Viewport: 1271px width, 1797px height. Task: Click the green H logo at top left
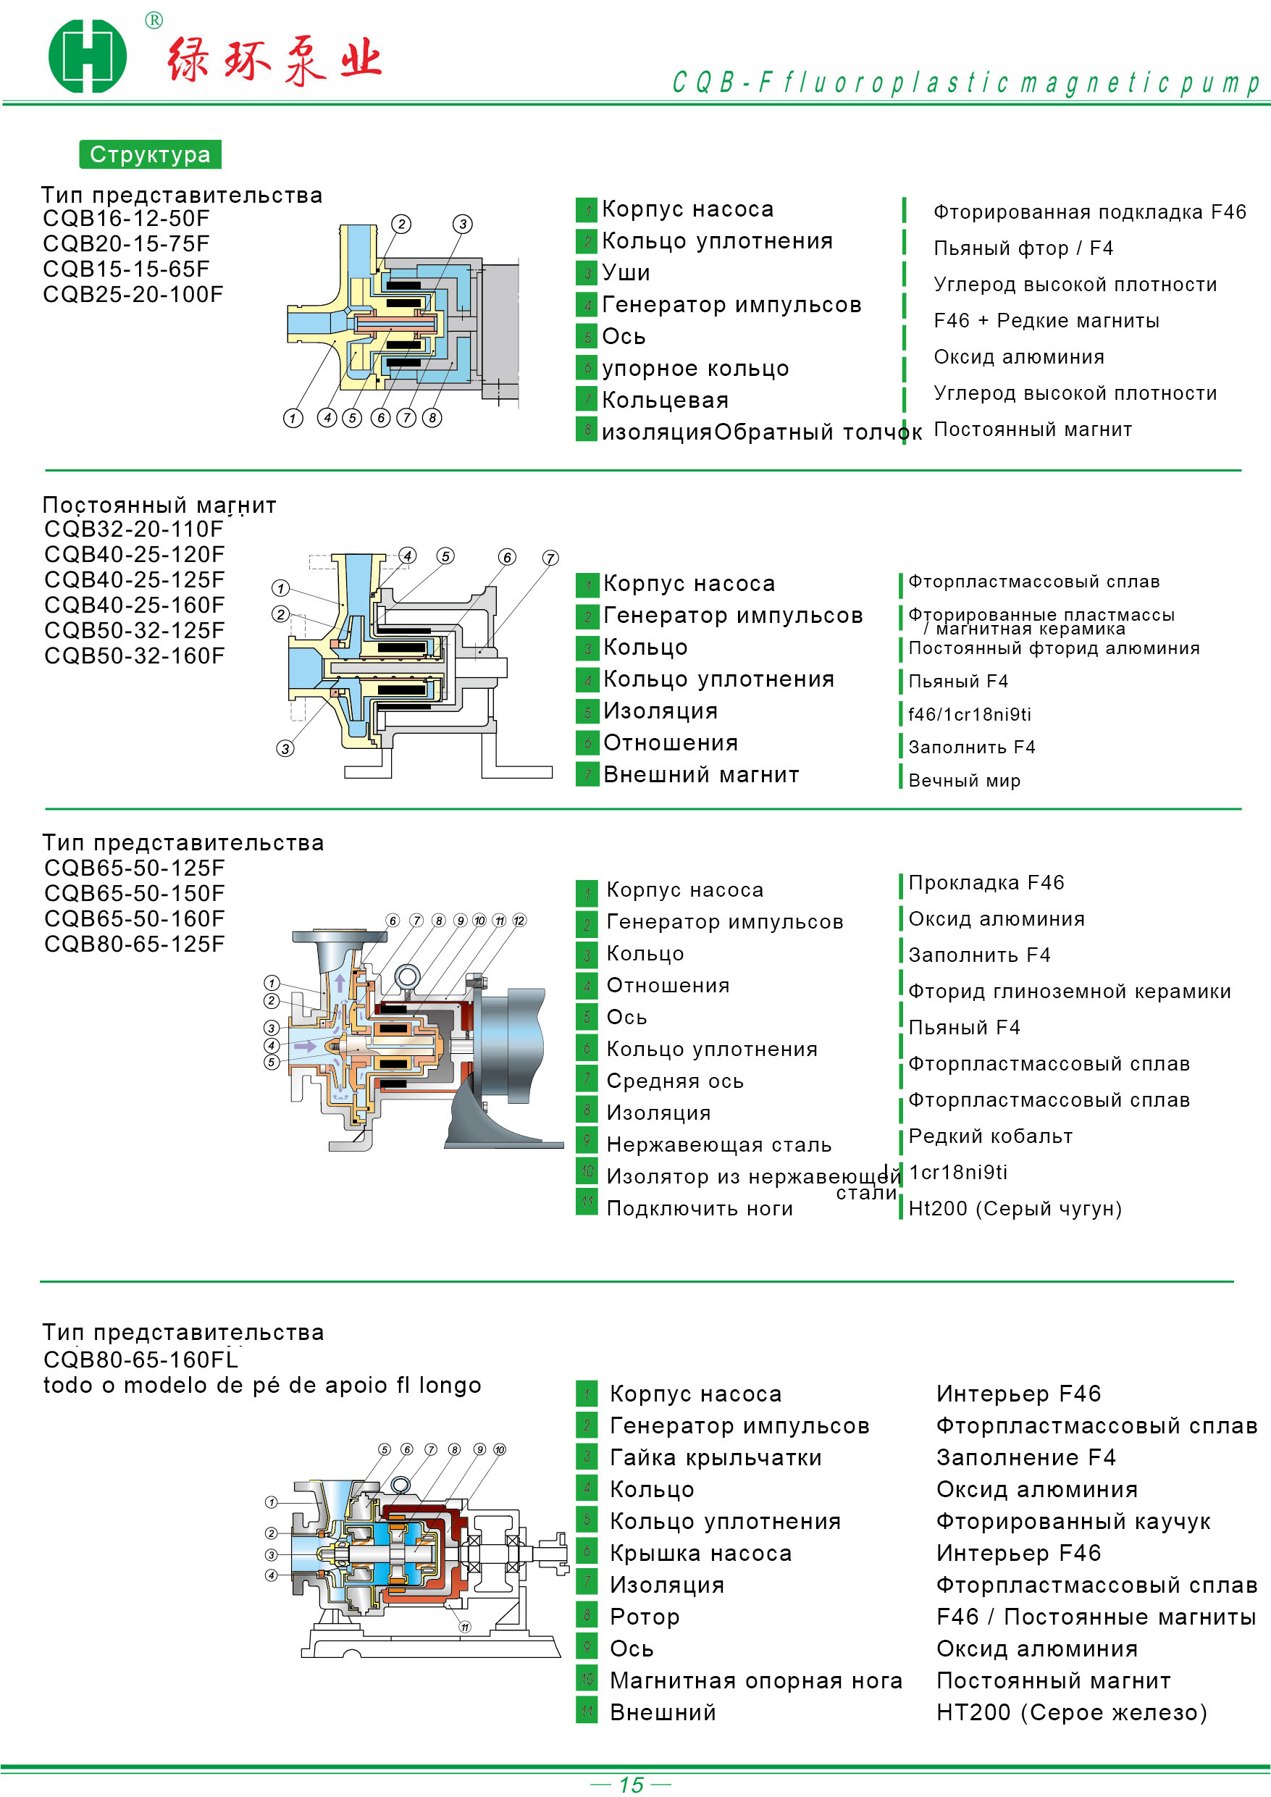point(88,56)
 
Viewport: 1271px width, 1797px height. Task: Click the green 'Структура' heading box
point(150,154)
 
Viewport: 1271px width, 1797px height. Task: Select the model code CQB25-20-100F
point(133,294)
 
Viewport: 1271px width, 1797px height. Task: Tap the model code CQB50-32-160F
point(135,656)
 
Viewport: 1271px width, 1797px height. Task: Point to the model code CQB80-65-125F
point(135,944)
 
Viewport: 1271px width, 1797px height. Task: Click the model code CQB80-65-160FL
point(141,1360)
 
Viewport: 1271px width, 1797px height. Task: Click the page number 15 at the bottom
point(631,1785)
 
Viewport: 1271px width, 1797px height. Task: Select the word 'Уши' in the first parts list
point(626,272)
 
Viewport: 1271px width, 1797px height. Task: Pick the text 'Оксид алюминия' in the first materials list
point(1019,357)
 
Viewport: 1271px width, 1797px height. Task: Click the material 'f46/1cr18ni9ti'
point(970,713)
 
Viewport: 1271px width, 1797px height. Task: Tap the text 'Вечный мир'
point(964,780)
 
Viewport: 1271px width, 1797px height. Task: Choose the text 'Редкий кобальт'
point(991,1136)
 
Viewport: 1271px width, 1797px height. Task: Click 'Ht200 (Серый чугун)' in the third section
point(1015,1208)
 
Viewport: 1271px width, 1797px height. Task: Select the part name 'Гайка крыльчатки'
point(716,1457)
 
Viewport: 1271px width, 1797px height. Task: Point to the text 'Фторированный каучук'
point(1074,1522)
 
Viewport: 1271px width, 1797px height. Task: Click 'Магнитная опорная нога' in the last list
point(756,1680)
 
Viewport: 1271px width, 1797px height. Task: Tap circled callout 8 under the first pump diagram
point(432,417)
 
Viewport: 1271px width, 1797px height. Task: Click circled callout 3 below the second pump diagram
point(285,748)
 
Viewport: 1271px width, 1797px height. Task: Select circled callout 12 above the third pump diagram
point(519,921)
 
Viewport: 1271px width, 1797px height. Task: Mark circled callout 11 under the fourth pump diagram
point(465,1628)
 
